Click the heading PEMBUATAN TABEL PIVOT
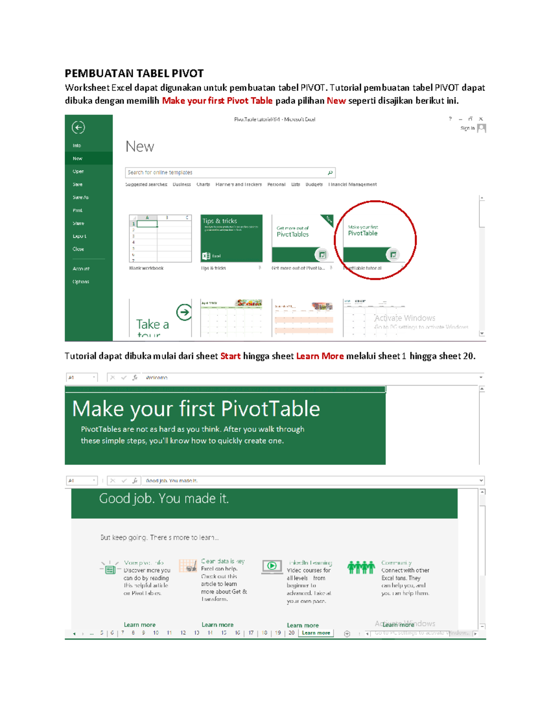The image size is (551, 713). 134,73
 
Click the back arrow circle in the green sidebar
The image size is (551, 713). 78,127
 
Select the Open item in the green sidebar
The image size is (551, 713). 78,171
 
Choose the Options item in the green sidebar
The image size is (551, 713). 81,281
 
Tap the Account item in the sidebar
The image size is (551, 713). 81,269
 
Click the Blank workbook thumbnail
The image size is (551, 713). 160,238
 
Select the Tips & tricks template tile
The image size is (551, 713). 231,238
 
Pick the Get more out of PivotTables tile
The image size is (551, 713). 303,238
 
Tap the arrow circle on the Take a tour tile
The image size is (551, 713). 184,312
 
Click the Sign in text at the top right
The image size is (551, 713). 467,128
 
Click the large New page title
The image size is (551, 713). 140,147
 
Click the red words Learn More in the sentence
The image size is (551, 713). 320,356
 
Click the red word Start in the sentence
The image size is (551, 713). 230,356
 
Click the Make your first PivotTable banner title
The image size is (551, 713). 196,409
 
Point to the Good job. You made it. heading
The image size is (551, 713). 164,499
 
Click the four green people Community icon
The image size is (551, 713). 361,567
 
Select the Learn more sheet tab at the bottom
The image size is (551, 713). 316,633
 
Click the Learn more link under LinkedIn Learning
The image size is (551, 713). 303,625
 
